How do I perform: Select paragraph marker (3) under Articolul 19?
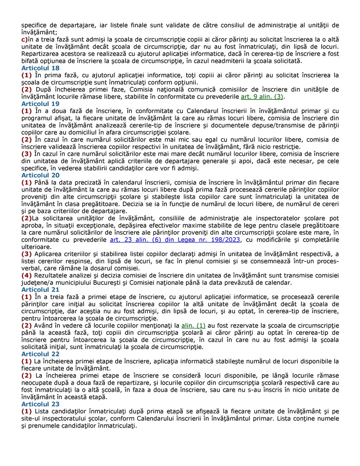[26, 154]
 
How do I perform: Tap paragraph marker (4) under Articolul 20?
[26, 275]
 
